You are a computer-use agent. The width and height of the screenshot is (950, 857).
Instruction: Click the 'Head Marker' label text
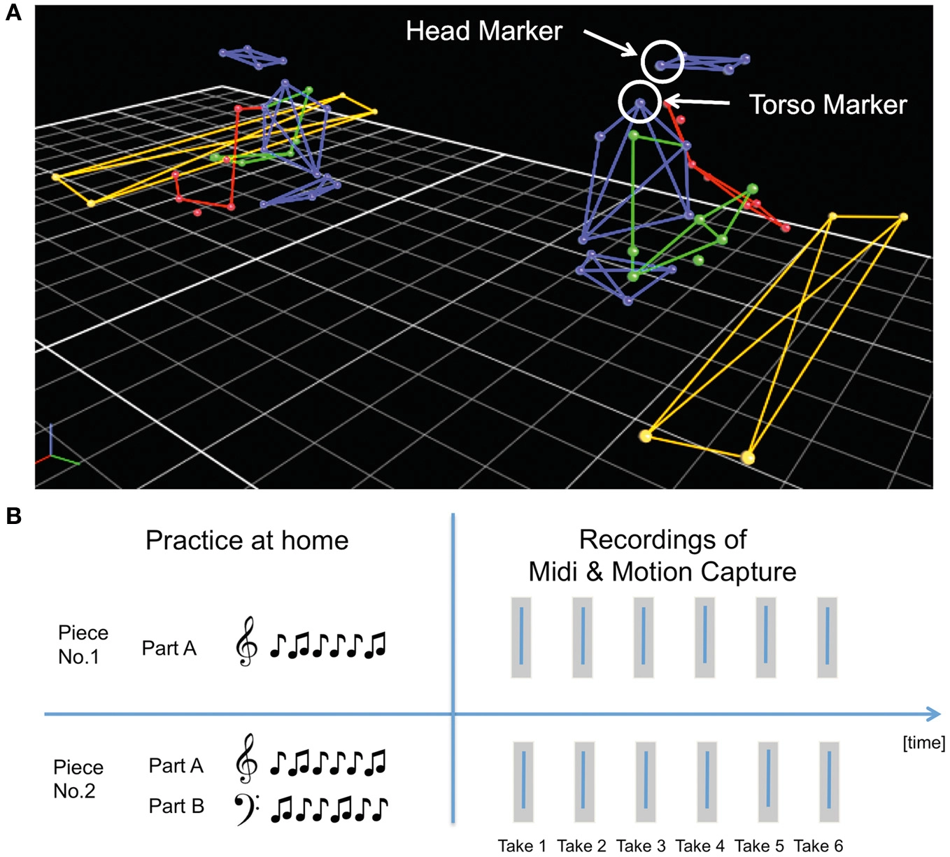pyautogui.click(x=483, y=31)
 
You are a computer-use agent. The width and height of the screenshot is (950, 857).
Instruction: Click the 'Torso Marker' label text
pyautogui.click(x=828, y=105)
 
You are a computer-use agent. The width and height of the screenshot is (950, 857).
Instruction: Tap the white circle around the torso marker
pyautogui.click(x=639, y=101)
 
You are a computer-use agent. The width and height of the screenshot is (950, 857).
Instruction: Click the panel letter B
pyautogui.click(x=13, y=516)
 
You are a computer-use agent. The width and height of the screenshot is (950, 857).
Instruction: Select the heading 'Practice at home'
pyautogui.click(x=247, y=540)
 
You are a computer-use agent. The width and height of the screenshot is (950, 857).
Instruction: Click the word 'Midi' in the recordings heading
pyautogui.click(x=553, y=572)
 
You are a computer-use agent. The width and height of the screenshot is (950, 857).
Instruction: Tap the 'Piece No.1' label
pyautogui.click(x=83, y=644)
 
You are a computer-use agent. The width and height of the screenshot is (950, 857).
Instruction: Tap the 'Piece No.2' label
pyautogui.click(x=78, y=779)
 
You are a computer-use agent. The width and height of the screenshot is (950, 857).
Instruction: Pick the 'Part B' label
pyautogui.click(x=176, y=806)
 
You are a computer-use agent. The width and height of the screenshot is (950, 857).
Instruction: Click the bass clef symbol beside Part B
pyautogui.click(x=246, y=808)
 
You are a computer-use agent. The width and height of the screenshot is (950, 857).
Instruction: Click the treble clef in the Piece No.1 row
pyautogui.click(x=246, y=641)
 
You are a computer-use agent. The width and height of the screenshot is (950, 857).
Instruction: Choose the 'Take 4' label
pyautogui.click(x=700, y=846)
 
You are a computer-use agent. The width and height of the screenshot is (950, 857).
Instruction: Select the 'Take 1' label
pyautogui.click(x=522, y=846)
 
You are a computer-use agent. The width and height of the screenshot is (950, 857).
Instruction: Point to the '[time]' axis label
pyautogui.click(x=923, y=742)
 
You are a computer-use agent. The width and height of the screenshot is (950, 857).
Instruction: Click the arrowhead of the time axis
pyautogui.click(x=933, y=714)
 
